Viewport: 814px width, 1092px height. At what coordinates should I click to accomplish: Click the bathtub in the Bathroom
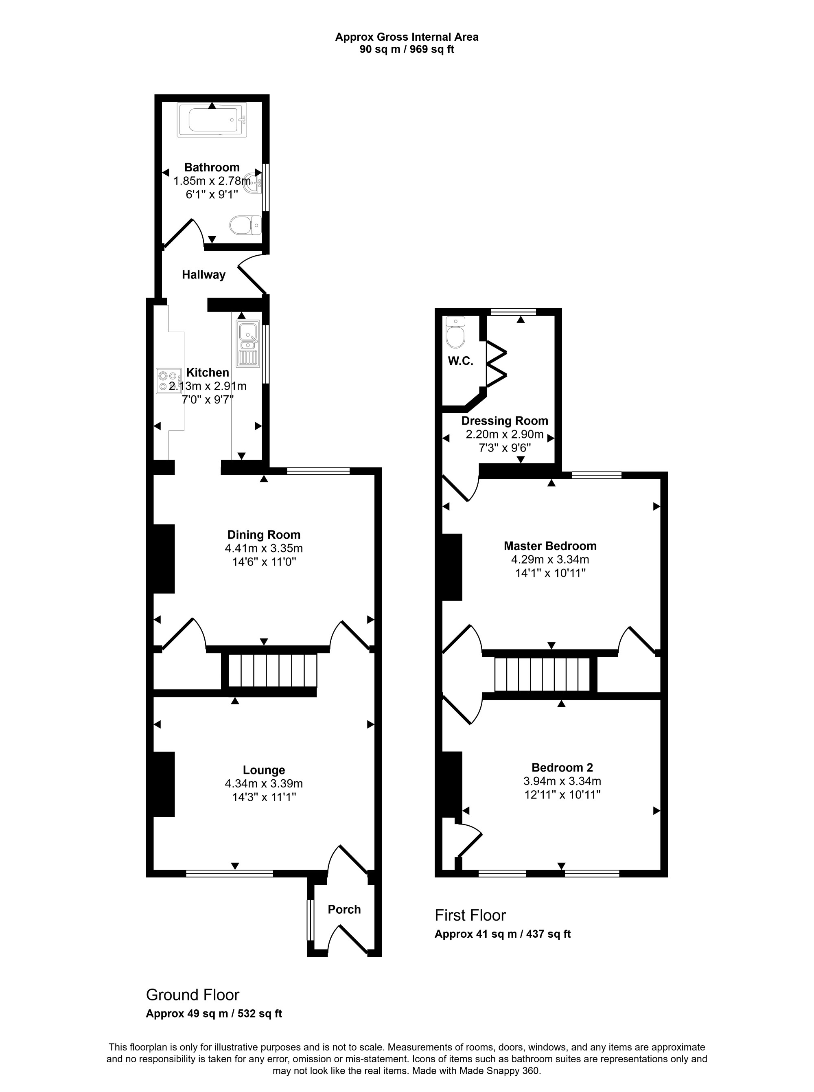[x=212, y=120]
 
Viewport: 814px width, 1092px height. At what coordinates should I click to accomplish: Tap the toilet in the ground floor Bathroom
[x=245, y=225]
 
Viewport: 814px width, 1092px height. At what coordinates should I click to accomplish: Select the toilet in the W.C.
[x=455, y=332]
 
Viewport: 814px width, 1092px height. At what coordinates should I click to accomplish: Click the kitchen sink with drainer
[x=248, y=344]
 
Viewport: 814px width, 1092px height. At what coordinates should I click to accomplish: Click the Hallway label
[x=203, y=274]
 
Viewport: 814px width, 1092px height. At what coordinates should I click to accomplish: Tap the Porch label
[x=344, y=909]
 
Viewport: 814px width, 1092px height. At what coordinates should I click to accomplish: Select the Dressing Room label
[x=505, y=421]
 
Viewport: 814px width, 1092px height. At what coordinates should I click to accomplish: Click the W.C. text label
[x=460, y=361]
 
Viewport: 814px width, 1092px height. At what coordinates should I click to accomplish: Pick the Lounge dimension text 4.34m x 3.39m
[x=264, y=783]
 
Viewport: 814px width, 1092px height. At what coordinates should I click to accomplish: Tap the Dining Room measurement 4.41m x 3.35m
[x=264, y=548]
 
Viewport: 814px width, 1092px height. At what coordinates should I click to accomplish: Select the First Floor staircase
[x=542, y=674]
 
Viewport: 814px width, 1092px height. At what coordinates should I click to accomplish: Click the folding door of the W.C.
[x=496, y=364]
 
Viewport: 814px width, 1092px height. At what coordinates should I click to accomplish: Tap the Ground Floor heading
[x=193, y=995]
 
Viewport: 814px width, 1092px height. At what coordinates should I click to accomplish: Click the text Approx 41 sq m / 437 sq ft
[x=503, y=934]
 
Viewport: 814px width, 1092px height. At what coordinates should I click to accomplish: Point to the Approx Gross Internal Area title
[x=407, y=37]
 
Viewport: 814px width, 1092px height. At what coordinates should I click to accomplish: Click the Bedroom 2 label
[x=562, y=767]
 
